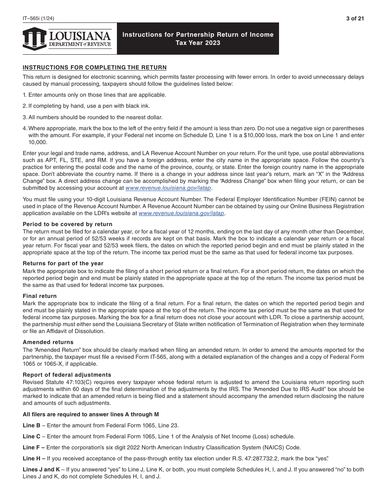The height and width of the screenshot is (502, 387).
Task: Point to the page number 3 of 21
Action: (354, 18)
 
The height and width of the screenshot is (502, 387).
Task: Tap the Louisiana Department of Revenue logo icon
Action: (35, 39)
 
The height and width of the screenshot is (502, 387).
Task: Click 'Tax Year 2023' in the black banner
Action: (198, 43)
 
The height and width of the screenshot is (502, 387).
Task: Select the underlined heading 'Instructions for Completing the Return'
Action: (95, 67)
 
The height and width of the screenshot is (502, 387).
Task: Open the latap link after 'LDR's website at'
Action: (182, 213)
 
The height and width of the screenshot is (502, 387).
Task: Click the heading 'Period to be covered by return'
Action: (68, 224)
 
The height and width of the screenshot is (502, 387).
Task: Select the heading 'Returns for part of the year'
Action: (63, 263)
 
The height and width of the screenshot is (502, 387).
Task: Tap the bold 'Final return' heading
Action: (40, 296)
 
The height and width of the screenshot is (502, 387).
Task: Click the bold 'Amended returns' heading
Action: (48, 342)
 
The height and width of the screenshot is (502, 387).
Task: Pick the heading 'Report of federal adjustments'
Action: (67, 375)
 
